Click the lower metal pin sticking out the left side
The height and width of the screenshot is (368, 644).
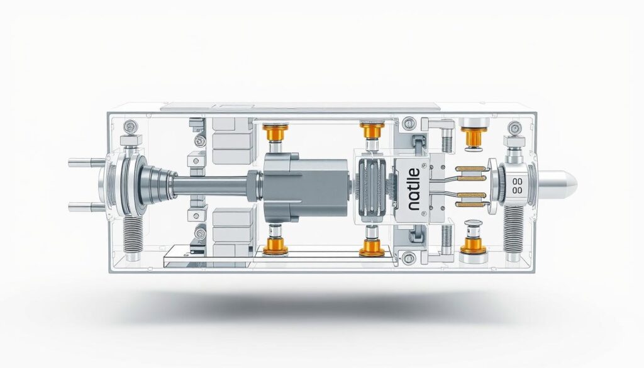coord(84,205)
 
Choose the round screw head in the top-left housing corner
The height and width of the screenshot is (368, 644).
coord(130,125)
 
